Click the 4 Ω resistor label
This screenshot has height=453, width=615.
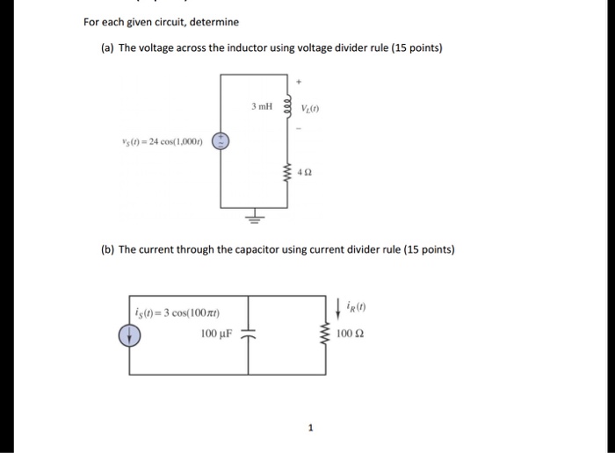[x=306, y=173]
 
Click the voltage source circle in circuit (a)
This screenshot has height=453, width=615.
[x=222, y=141]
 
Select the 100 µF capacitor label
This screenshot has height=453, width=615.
[x=216, y=335]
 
